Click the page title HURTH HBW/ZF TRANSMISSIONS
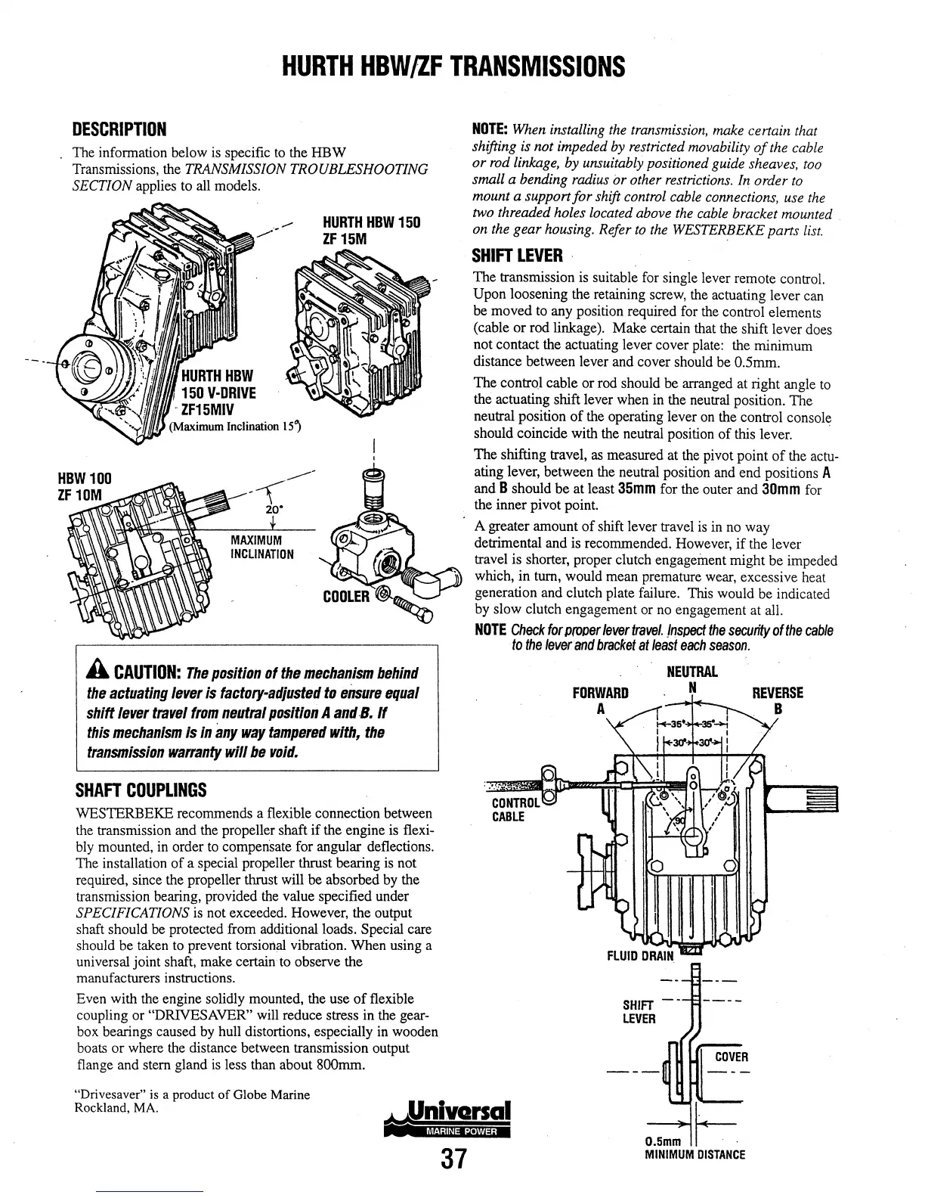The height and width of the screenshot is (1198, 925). [453, 67]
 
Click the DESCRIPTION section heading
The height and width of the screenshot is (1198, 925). [119, 128]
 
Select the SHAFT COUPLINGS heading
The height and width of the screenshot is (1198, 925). [141, 791]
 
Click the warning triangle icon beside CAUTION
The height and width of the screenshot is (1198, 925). [97, 672]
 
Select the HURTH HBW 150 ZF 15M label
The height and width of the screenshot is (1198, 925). [372, 231]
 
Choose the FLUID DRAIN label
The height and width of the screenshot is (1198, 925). [640, 955]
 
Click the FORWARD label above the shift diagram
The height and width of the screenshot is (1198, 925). [601, 694]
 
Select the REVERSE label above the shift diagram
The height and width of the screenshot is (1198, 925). [778, 694]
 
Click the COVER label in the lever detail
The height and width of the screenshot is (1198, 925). [731, 1057]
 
